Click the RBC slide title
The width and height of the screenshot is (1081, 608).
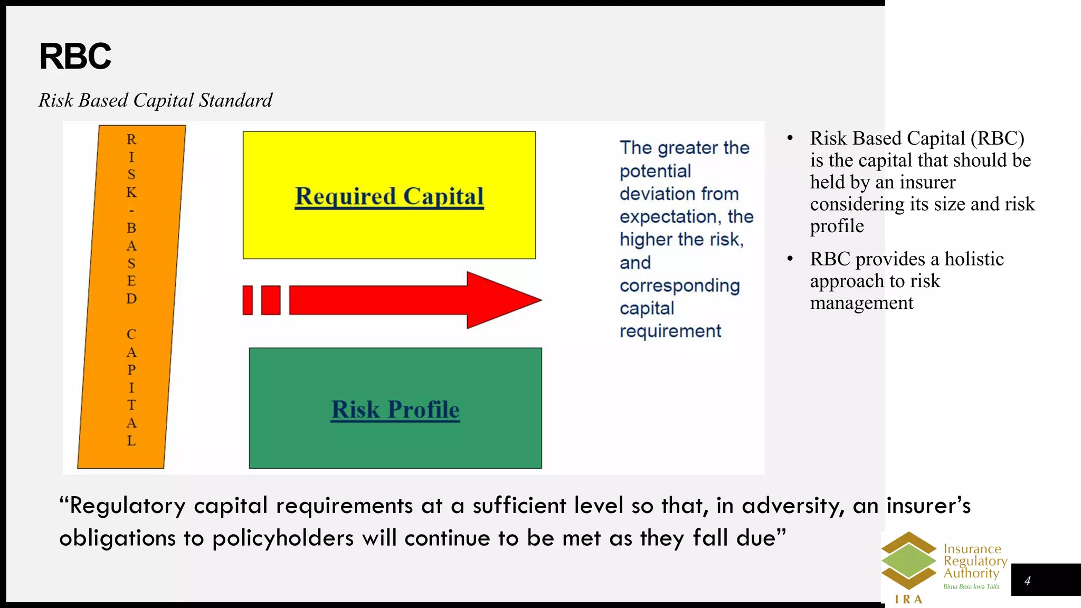[x=75, y=56]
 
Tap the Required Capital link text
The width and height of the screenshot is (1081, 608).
[x=389, y=196]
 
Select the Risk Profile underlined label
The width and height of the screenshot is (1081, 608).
[x=395, y=410]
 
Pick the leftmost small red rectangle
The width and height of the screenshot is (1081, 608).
[x=248, y=300]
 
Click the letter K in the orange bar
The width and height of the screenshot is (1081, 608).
[x=131, y=192]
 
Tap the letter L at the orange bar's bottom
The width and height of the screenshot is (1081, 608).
[x=131, y=441]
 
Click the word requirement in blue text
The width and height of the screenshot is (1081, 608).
[x=670, y=331]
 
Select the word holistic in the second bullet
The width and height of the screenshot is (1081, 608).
[x=974, y=259]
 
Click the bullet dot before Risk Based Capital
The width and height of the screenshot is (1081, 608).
[x=790, y=138]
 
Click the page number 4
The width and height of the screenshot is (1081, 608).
[x=1027, y=581]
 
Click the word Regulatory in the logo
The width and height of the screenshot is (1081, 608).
[x=975, y=561]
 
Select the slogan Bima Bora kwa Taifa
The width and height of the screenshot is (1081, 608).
[x=971, y=586]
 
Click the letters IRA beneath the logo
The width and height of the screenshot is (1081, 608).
[x=908, y=599]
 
